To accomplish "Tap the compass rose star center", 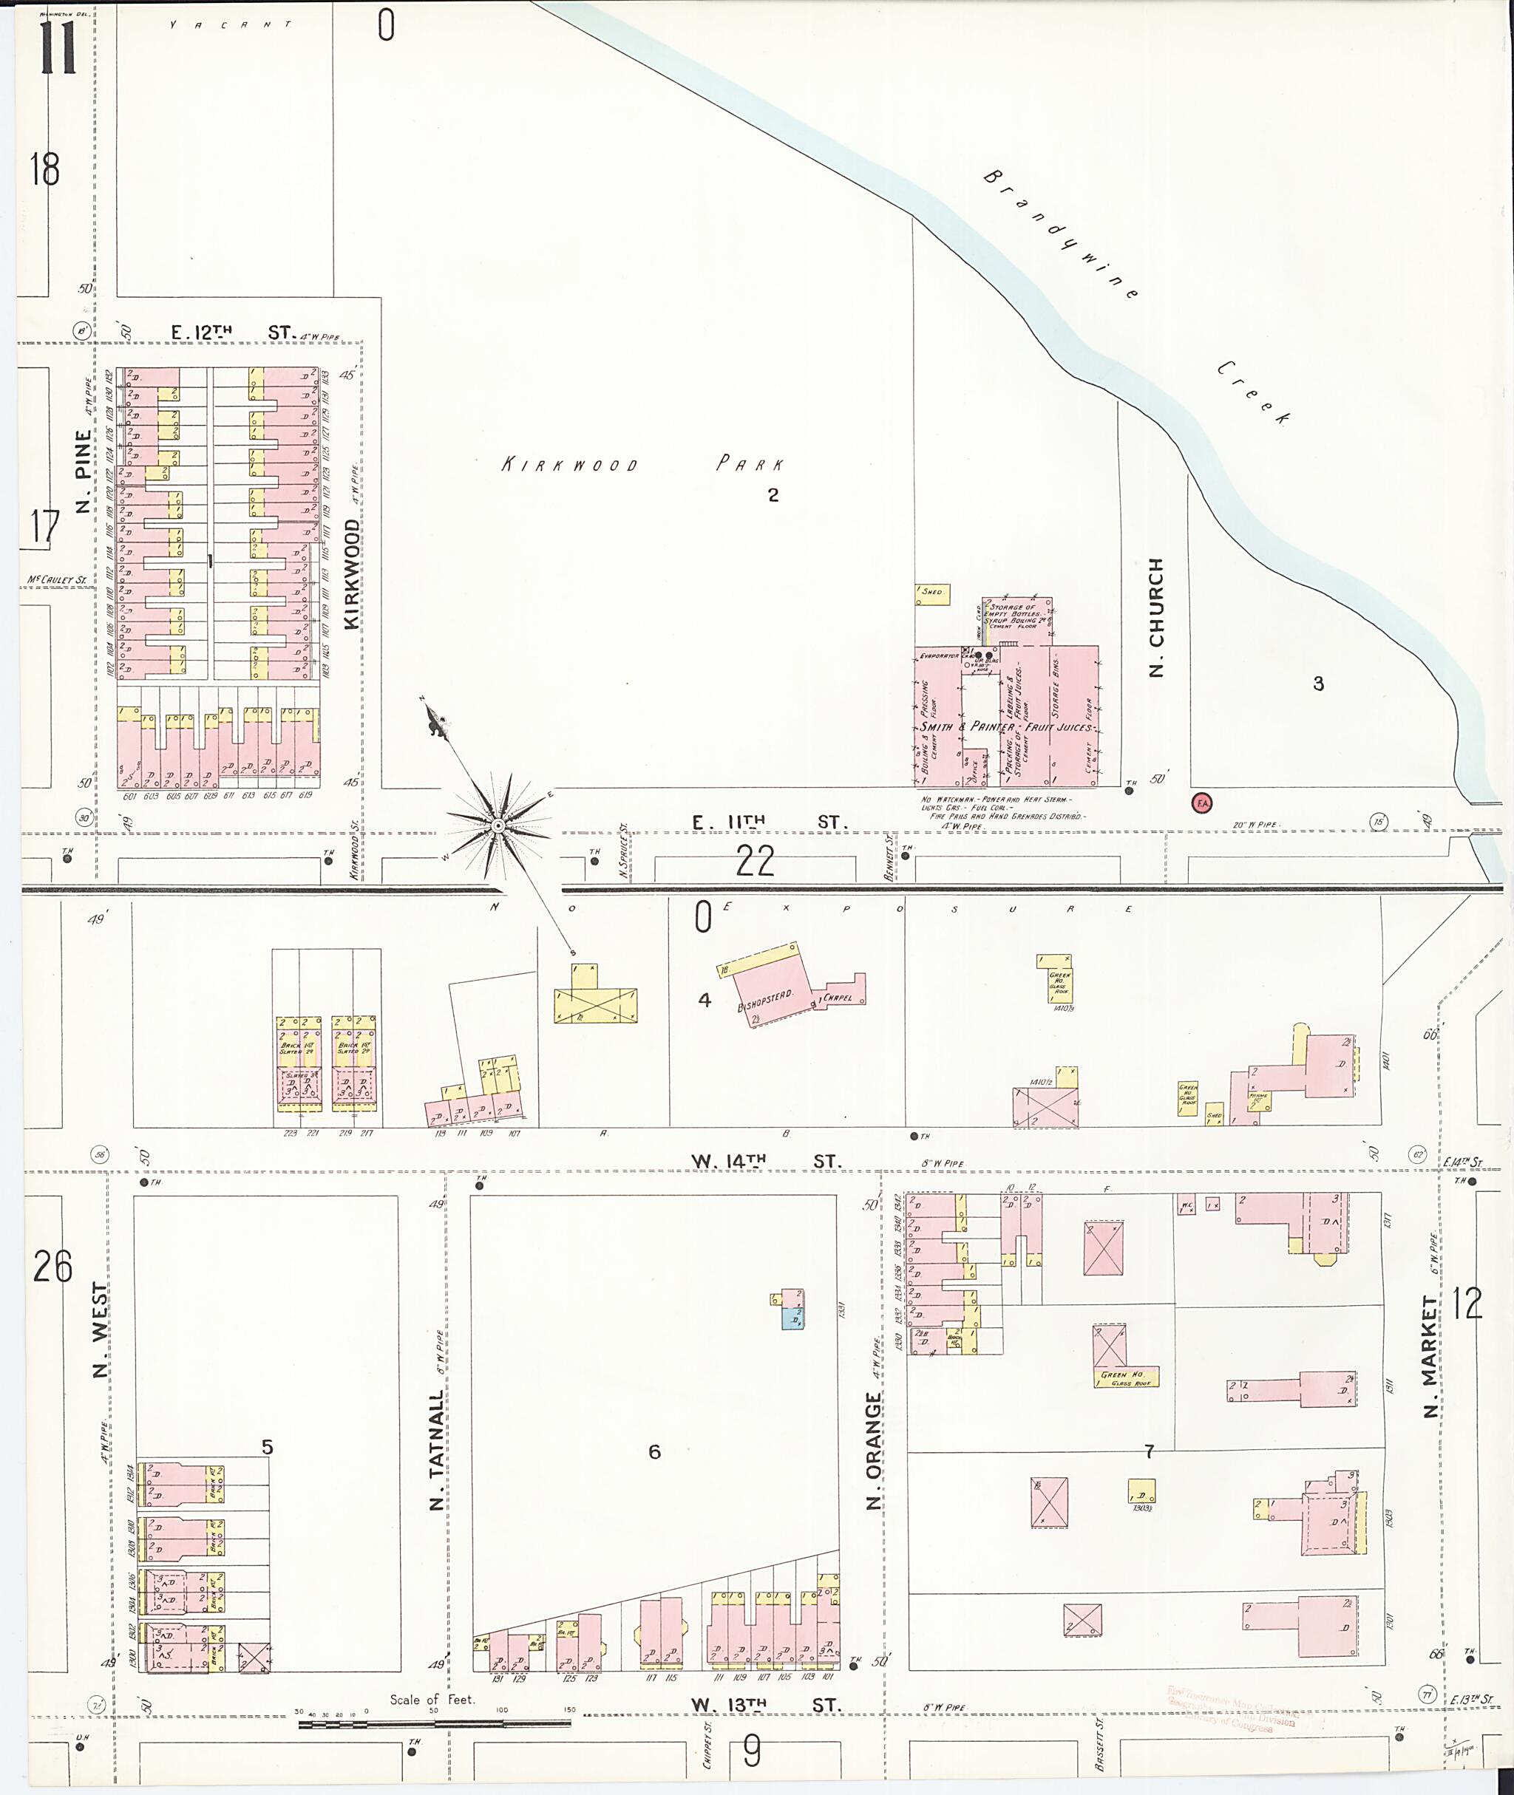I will tap(497, 825).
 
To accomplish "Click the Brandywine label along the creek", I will tap(1061, 234).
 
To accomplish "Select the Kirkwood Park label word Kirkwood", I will tap(570, 465).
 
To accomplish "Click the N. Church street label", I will tap(1156, 617).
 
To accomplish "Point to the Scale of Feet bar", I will tap(434, 1722).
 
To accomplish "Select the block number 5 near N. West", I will tap(267, 1448).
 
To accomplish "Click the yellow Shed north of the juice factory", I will tap(932, 593).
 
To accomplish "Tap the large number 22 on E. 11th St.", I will tap(755, 861).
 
